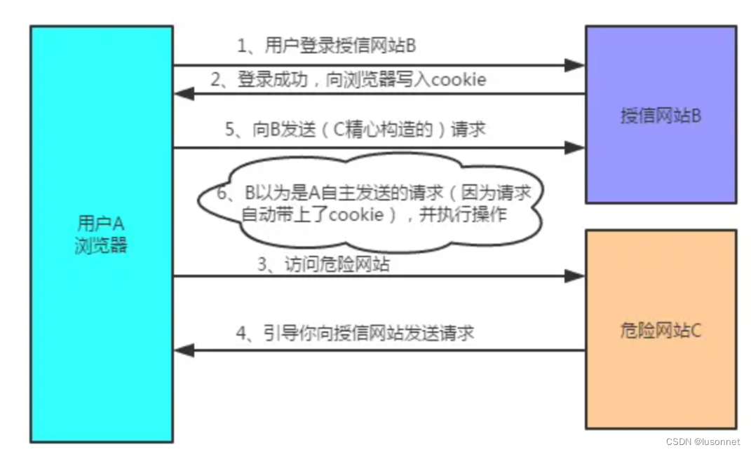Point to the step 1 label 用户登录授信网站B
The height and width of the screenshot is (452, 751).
(x=327, y=47)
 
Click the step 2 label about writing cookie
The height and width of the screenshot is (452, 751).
(x=349, y=80)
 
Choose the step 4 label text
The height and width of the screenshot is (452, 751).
(x=355, y=333)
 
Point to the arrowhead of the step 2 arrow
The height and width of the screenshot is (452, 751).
(x=184, y=94)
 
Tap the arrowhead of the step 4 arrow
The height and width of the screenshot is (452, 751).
(x=184, y=350)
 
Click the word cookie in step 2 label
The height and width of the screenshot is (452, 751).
(x=459, y=80)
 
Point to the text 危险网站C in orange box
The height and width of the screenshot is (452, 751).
(x=661, y=329)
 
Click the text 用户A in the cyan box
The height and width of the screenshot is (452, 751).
(x=101, y=225)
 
